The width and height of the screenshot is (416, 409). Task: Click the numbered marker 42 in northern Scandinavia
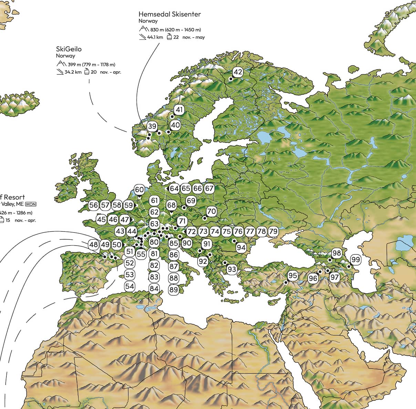pyautogui.click(x=238, y=72)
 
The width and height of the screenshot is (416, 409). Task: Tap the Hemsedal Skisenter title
pyautogui.click(x=169, y=14)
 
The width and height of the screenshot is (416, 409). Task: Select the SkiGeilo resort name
pyautogui.click(x=69, y=49)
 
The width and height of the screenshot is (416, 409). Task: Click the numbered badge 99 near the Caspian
pyautogui.click(x=355, y=259)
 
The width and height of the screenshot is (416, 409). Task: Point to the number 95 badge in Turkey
pyautogui.click(x=292, y=275)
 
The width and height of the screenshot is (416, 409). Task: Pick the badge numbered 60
pyautogui.click(x=139, y=190)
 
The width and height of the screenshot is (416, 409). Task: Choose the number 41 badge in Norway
pyautogui.click(x=179, y=110)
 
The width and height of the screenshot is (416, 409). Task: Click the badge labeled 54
pyautogui.click(x=129, y=286)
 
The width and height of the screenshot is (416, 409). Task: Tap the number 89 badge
pyautogui.click(x=174, y=290)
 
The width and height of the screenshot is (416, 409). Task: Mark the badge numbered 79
pyautogui.click(x=273, y=231)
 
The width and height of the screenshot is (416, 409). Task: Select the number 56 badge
pyautogui.click(x=94, y=205)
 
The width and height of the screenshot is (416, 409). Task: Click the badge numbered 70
pyautogui.click(x=211, y=211)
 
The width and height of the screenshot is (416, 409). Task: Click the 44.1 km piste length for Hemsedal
pyautogui.click(x=155, y=37)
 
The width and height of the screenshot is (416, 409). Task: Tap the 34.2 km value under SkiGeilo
pyautogui.click(x=73, y=72)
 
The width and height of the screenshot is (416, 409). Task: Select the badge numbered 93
pyautogui.click(x=232, y=269)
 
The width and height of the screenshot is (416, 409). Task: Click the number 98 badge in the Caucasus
pyautogui.click(x=336, y=253)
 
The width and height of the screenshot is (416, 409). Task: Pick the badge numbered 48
pyautogui.click(x=94, y=245)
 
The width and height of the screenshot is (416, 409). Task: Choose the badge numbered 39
pyautogui.click(x=152, y=126)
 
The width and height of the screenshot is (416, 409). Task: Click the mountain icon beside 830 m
pyautogui.click(x=144, y=30)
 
